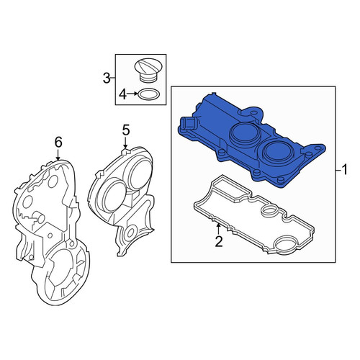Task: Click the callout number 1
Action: coord(344,170)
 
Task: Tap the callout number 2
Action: coord(219,241)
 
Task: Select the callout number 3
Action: coord(107,78)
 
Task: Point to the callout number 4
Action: coord(122,94)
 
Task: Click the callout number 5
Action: coord(126,130)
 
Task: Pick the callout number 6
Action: coord(58,143)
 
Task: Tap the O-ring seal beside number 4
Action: coord(149,94)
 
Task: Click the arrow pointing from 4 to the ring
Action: coord(133,94)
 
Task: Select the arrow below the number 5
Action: coord(125,143)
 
